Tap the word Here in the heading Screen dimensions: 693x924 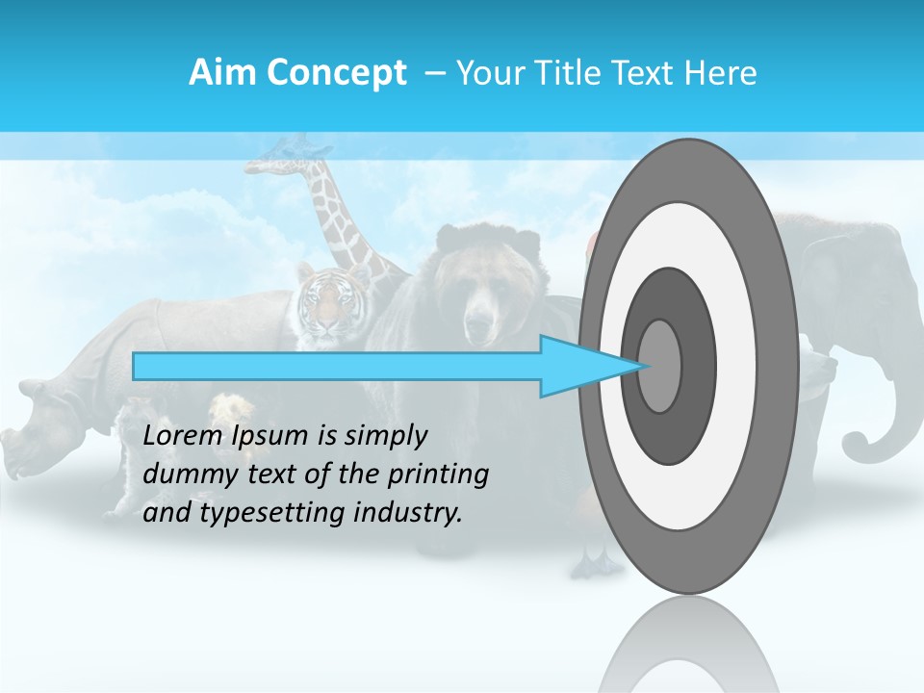click(x=721, y=73)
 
